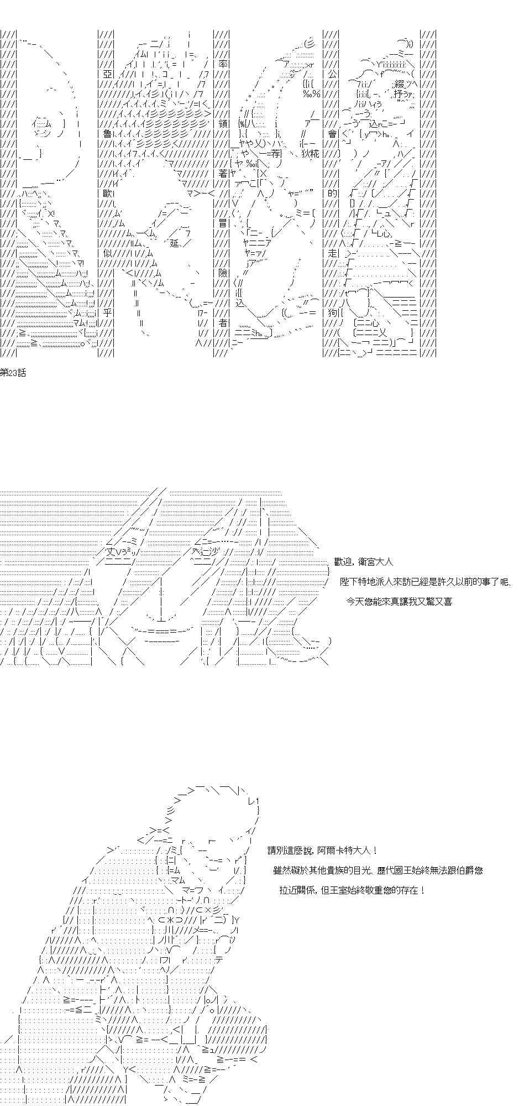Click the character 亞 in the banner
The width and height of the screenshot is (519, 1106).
point(105,74)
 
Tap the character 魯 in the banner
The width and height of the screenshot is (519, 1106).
point(105,134)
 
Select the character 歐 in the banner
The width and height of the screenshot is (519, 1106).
point(105,194)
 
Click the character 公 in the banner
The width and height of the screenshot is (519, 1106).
point(332,74)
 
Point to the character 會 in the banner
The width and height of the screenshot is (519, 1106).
point(332,134)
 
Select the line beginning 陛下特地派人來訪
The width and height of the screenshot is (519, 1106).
point(427,582)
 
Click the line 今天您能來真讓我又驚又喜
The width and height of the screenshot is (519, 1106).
point(399,602)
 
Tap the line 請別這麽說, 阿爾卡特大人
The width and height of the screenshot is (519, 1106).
point(323,851)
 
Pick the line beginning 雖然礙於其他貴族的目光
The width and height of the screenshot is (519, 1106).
point(378,870)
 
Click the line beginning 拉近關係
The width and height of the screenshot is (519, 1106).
point(353,890)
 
